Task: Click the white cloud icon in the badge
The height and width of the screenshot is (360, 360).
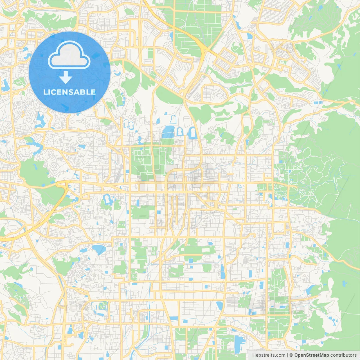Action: [x=69, y=55]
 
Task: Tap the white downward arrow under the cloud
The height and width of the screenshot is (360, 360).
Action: [x=66, y=77]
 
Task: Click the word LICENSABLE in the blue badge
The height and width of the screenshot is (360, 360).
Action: [x=69, y=92]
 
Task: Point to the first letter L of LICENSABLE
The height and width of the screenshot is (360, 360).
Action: [x=45, y=92]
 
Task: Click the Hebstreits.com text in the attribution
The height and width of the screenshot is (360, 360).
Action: [x=269, y=355]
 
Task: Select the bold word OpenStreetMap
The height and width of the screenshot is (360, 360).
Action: [x=311, y=355]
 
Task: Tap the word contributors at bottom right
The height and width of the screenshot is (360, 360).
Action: [x=343, y=355]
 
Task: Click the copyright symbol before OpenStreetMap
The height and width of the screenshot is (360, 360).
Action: [x=291, y=355]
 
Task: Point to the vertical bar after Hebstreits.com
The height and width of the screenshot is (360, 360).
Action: [x=287, y=355]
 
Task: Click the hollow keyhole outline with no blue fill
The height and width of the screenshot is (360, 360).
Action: [x=173, y=119]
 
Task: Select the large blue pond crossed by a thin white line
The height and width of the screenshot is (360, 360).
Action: [x=168, y=132]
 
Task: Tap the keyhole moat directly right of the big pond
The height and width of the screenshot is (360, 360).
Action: [x=180, y=132]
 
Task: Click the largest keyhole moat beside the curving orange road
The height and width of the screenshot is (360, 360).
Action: [x=192, y=132]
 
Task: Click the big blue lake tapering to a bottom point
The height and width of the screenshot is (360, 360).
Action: [x=99, y=249]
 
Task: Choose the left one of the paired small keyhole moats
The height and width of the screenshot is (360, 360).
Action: [x=126, y=123]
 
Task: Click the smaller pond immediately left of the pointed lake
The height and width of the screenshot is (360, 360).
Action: [x=84, y=250]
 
